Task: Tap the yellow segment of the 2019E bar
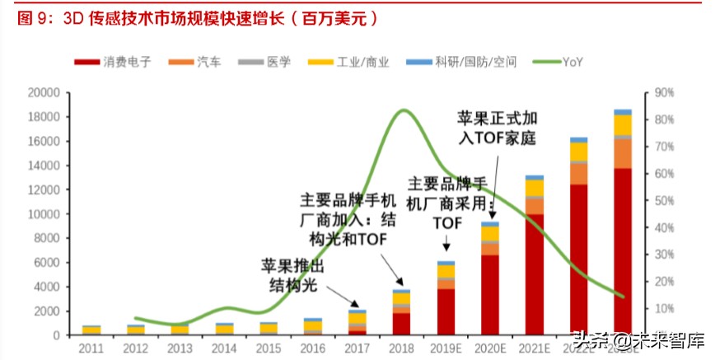click(446, 271)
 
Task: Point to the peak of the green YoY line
click(402, 110)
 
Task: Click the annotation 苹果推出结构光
click(294, 275)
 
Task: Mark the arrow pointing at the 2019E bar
click(446, 244)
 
